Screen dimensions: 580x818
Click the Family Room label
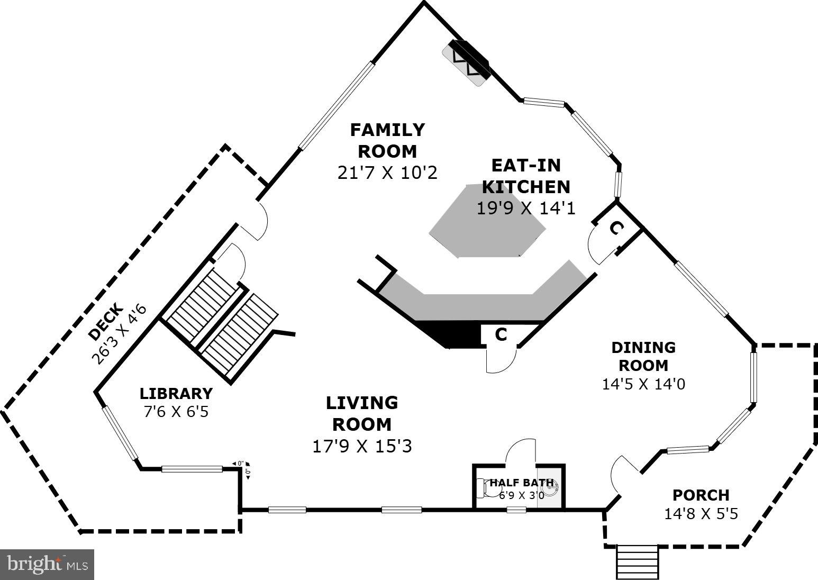pyautogui.click(x=387, y=140)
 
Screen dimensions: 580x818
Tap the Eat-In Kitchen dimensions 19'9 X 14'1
pyautogui.click(x=525, y=208)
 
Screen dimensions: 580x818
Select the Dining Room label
pyautogui.click(x=643, y=356)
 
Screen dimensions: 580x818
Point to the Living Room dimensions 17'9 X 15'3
pyautogui.click(x=362, y=446)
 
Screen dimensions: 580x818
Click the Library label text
pyautogui.click(x=176, y=394)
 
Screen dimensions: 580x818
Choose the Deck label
pyautogui.click(x=106, y=322)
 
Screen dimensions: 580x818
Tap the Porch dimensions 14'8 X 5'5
pyautogui.click(x=701, y=513)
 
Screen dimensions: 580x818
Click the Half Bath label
pyautogui.click(x=521, y=483)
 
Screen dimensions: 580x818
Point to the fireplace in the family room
pyautogui.click(x=466, y=62)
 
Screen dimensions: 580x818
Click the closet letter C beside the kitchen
pyautogui.click(x=615, y=228)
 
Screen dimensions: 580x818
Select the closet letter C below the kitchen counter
pyautogui.click(x=501, y=334)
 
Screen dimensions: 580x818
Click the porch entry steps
pyautogui.click(x=638, y=563)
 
